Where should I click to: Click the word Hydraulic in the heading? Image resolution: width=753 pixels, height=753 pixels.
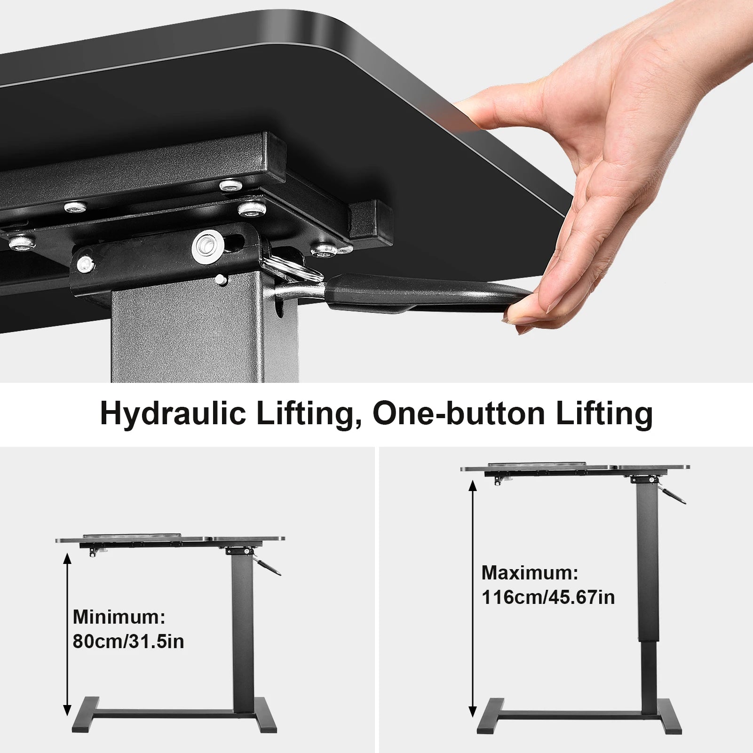[173, 413]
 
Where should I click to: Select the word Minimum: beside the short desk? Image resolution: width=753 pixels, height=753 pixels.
[119, 617]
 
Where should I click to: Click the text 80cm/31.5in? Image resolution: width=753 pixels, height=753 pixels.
[128, 642]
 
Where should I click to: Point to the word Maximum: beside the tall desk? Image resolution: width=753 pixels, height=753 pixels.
[530, 572]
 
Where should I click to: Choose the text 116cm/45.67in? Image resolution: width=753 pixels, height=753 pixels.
[548, 597]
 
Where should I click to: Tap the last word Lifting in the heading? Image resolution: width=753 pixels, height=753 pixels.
[604, 413]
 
